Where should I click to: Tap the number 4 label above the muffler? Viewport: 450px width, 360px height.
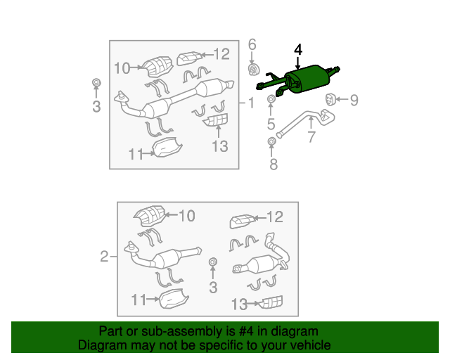(x=298, y=50)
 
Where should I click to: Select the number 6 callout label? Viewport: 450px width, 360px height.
(x=252, y=46)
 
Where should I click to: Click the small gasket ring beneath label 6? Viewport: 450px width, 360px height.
(x=252, y=70)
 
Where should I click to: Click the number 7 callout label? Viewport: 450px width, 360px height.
(x=311, y=136)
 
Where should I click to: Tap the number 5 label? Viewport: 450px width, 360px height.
(x=271, y=126)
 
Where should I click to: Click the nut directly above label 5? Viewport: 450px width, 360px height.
(x=271, y=103)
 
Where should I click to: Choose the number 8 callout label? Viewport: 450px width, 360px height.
(x=273, y=165)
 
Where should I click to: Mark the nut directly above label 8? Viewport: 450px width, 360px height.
(x=272, y=143)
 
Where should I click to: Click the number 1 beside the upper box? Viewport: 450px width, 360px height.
(x=251, y=103)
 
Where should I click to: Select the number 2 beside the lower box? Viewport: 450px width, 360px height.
(x=104, y=257)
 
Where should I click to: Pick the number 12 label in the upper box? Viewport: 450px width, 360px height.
(x=221, y=53)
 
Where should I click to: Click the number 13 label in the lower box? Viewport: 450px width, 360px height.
(x=240, y=304)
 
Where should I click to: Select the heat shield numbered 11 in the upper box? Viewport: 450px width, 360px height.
(x=167, y=148)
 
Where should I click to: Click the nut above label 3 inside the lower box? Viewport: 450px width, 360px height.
(x=213, y=264)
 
